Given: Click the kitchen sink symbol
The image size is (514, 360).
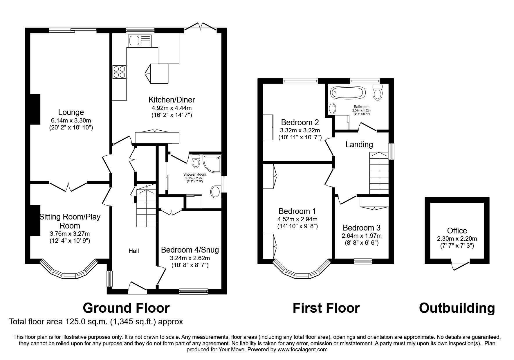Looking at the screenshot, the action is [x=140, y=41].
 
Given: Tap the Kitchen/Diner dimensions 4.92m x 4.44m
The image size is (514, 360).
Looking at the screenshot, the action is [x=172, y=108].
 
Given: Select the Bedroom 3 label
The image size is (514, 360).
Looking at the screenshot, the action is [x=361, y=228].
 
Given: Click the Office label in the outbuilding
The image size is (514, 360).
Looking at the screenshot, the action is [x=457, y=231].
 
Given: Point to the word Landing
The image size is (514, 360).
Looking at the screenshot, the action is [x=359, y=144].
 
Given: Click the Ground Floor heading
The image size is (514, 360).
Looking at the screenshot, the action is [x=126, y=308].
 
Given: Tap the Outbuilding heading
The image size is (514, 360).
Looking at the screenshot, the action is [x=457, y=308].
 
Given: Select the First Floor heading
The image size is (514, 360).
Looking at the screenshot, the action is [x=326, y=308].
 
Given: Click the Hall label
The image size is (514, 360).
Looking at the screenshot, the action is [x=134, y=251].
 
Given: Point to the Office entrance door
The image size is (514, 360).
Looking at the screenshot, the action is [x=460, y=265].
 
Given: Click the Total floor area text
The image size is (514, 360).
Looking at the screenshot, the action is [x=96, y=322].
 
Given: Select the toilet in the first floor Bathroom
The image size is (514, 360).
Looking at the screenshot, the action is [x=377, y=93].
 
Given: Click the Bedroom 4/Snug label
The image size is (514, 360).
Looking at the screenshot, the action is [x=190, y=250].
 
